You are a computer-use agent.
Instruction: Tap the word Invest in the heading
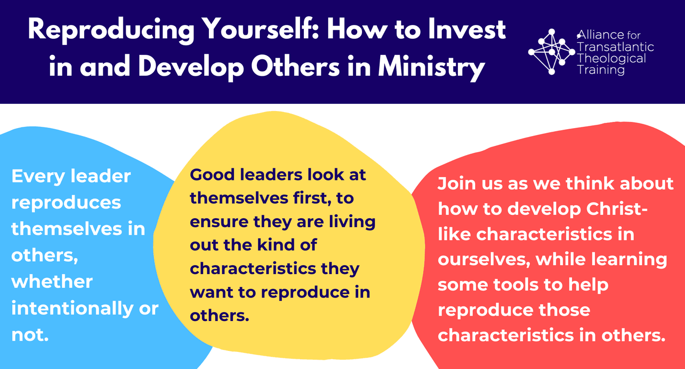467,29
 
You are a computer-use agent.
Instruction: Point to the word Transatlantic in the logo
616,47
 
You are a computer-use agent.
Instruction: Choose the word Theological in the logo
611,59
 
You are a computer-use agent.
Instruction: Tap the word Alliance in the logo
600,35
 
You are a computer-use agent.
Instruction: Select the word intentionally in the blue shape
72,308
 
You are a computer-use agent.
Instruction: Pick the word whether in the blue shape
52,281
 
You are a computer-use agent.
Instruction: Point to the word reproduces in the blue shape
67,204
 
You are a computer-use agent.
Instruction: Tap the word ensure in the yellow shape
219,222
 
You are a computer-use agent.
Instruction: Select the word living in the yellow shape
352,222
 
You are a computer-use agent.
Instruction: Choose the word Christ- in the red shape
617,209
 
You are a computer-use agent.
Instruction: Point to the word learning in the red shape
629,260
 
